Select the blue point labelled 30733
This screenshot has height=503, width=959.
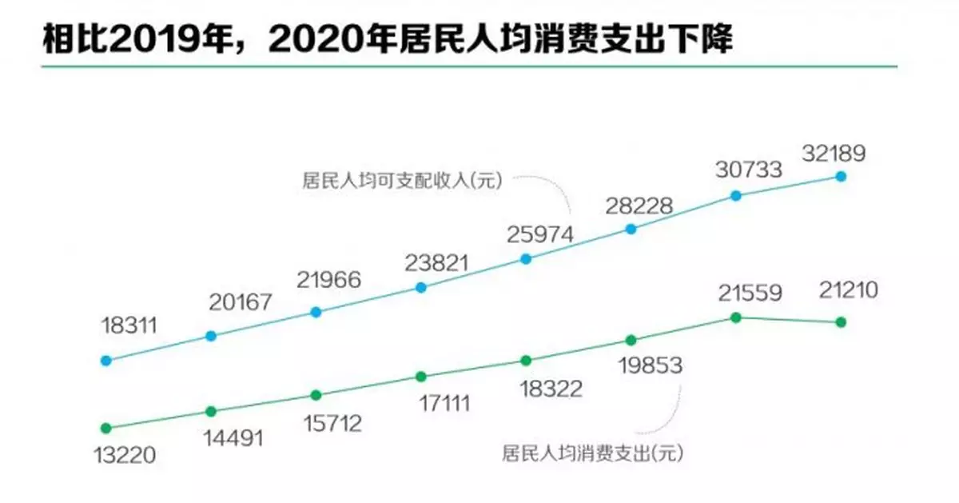coord(736,195)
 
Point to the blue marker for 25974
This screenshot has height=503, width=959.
coord(526,258)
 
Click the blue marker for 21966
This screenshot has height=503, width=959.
coord(316,312)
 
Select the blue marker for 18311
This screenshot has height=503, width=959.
coord(105,360)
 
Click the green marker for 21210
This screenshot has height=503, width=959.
coord(841,321)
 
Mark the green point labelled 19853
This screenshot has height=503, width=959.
coord(631,340)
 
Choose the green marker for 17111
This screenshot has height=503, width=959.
coord(421,376)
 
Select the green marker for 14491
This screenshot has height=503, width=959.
coord(211,411)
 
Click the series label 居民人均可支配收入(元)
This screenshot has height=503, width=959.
coord(401,180)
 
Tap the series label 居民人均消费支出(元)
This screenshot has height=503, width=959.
coord(594,454)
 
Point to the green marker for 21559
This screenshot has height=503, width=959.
coord(736,317)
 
